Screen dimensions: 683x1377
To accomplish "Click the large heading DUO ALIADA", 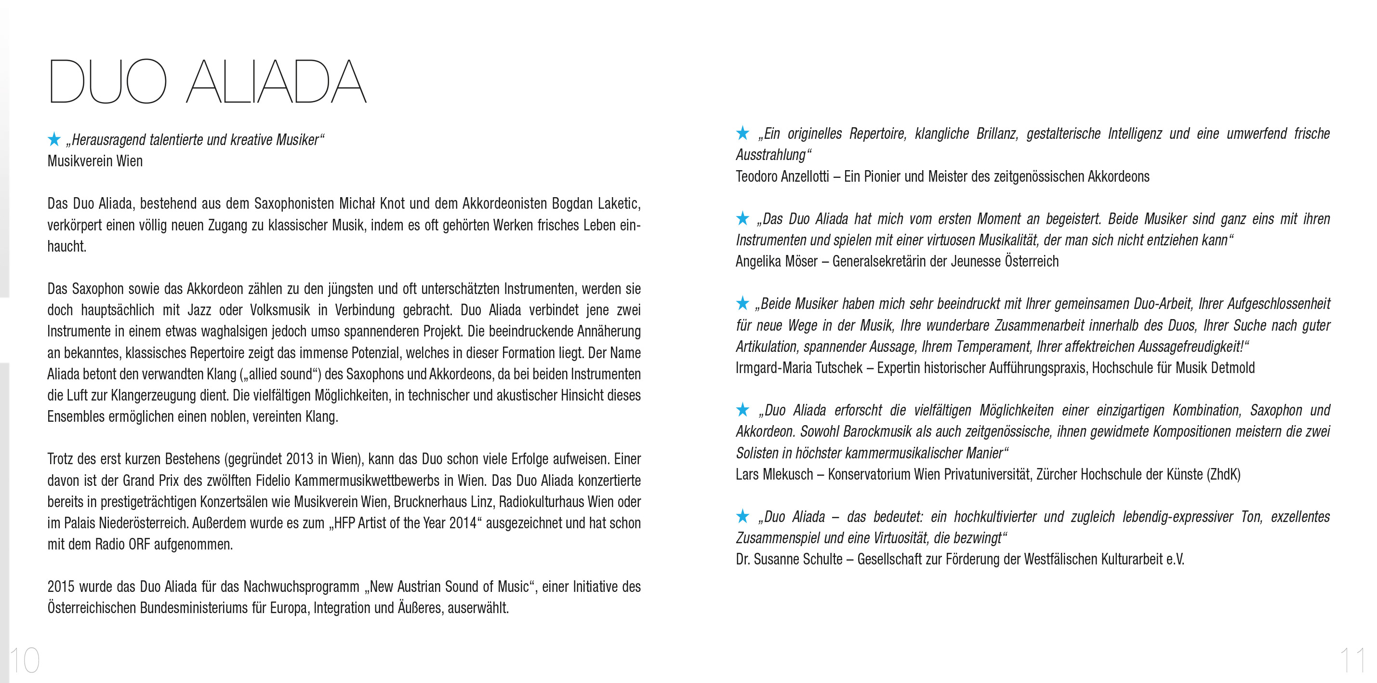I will coord(207,81).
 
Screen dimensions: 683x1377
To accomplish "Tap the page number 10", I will coord(25,660).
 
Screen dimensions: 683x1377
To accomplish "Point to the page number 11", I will coord(1352,660).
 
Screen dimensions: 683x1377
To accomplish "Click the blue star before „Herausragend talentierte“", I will coord(54,140).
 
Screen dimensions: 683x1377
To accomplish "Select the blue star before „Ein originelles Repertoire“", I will coord(742,133).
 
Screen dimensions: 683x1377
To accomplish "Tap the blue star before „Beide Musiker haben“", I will coord(742,303).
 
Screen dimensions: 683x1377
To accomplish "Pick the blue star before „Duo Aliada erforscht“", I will coord(742,410).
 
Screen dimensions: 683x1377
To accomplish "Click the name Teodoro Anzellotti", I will coord(782,176).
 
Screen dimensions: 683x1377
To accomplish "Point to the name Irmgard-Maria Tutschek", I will coord(799,368).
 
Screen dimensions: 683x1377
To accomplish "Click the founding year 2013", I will coord(299,459).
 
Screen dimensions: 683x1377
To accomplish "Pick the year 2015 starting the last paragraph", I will coord(60,587).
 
